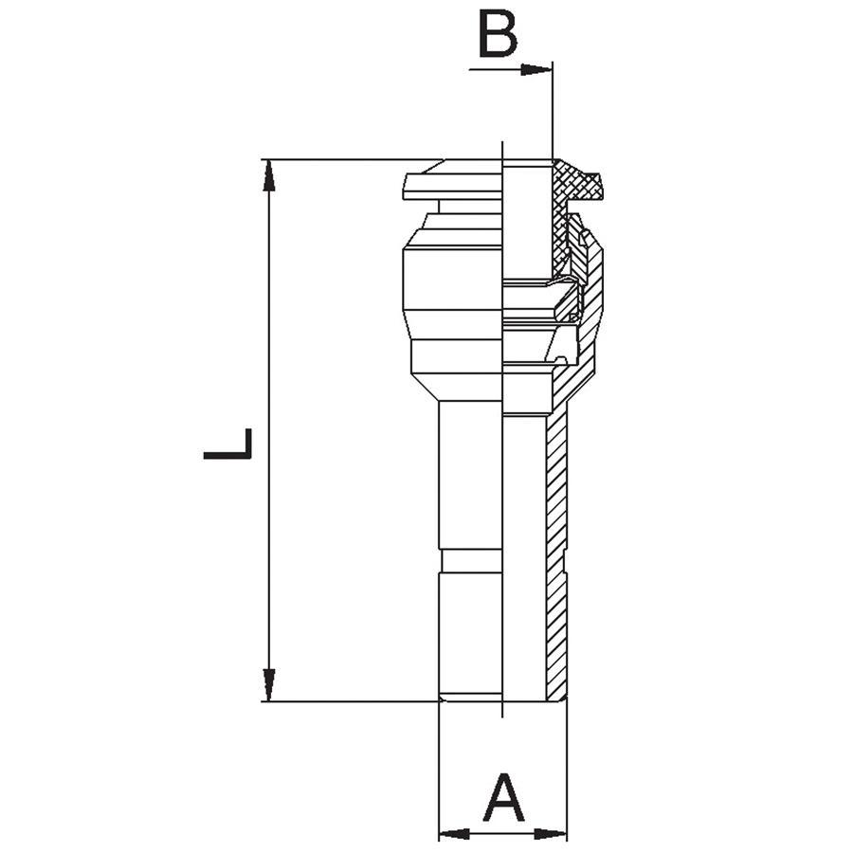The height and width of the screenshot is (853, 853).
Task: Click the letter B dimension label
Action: click(x=498, y=35)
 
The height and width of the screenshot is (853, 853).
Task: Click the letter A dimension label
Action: click(x=504, y=797)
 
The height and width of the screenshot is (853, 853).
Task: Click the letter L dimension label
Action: click(x=227, y=444)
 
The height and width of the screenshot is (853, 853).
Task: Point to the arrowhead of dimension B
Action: click(x=535, y=69)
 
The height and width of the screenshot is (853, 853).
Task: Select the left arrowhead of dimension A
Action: click(x=454, y=833)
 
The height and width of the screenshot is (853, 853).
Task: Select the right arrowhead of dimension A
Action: click(x=551, y=833)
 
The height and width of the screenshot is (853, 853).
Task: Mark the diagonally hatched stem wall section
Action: click(x=556, y=550)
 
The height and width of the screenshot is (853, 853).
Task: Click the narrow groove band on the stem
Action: click(x=472, y=561)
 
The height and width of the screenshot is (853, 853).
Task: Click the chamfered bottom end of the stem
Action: click(x=470, y=697)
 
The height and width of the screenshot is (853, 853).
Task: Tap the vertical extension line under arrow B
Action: click(x=553, y=111)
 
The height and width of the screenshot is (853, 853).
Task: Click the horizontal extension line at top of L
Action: click(x=354, y=160)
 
